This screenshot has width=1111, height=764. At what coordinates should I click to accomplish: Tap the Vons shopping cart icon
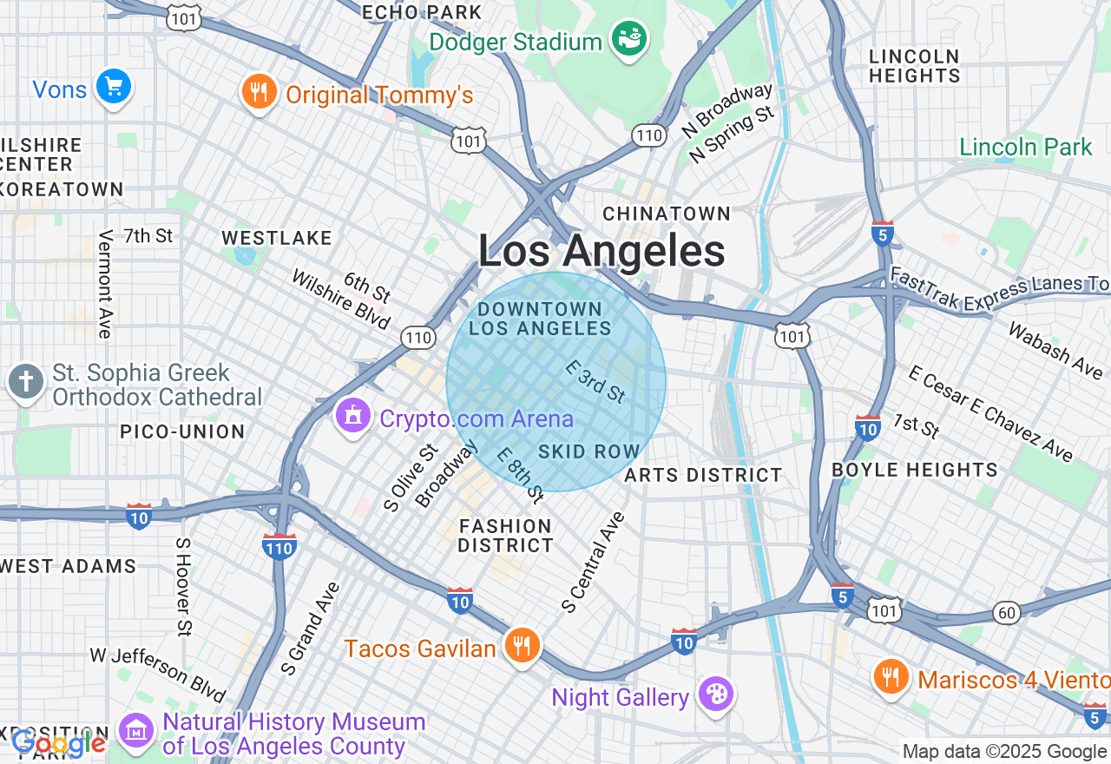coord(113,87)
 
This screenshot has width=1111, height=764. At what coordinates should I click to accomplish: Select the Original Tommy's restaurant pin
coord(259,92)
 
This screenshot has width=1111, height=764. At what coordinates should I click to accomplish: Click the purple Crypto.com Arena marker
coord(352,417)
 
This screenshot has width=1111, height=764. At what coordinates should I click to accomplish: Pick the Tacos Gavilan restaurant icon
coord(521,646)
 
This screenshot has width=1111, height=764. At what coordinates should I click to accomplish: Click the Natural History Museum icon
coord(136,733)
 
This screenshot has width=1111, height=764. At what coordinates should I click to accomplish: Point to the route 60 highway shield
coord(1007,613)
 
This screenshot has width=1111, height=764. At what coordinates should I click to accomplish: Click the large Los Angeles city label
coord(602,252)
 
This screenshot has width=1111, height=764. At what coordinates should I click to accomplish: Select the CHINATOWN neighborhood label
coord(667,214)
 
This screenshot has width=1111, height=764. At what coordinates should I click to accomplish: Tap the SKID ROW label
coord(588,451)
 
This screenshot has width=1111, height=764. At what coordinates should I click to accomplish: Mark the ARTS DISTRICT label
coord(703,475)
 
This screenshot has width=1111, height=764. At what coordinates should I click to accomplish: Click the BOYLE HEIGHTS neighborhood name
coord(915,470)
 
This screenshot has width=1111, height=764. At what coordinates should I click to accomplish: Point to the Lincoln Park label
coord(1026,147)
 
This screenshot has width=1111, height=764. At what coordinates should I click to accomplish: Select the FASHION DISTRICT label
coord(505,536)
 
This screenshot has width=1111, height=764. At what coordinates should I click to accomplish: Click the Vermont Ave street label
coord(106,284)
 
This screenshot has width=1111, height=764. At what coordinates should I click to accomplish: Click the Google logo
coord(58,743)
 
